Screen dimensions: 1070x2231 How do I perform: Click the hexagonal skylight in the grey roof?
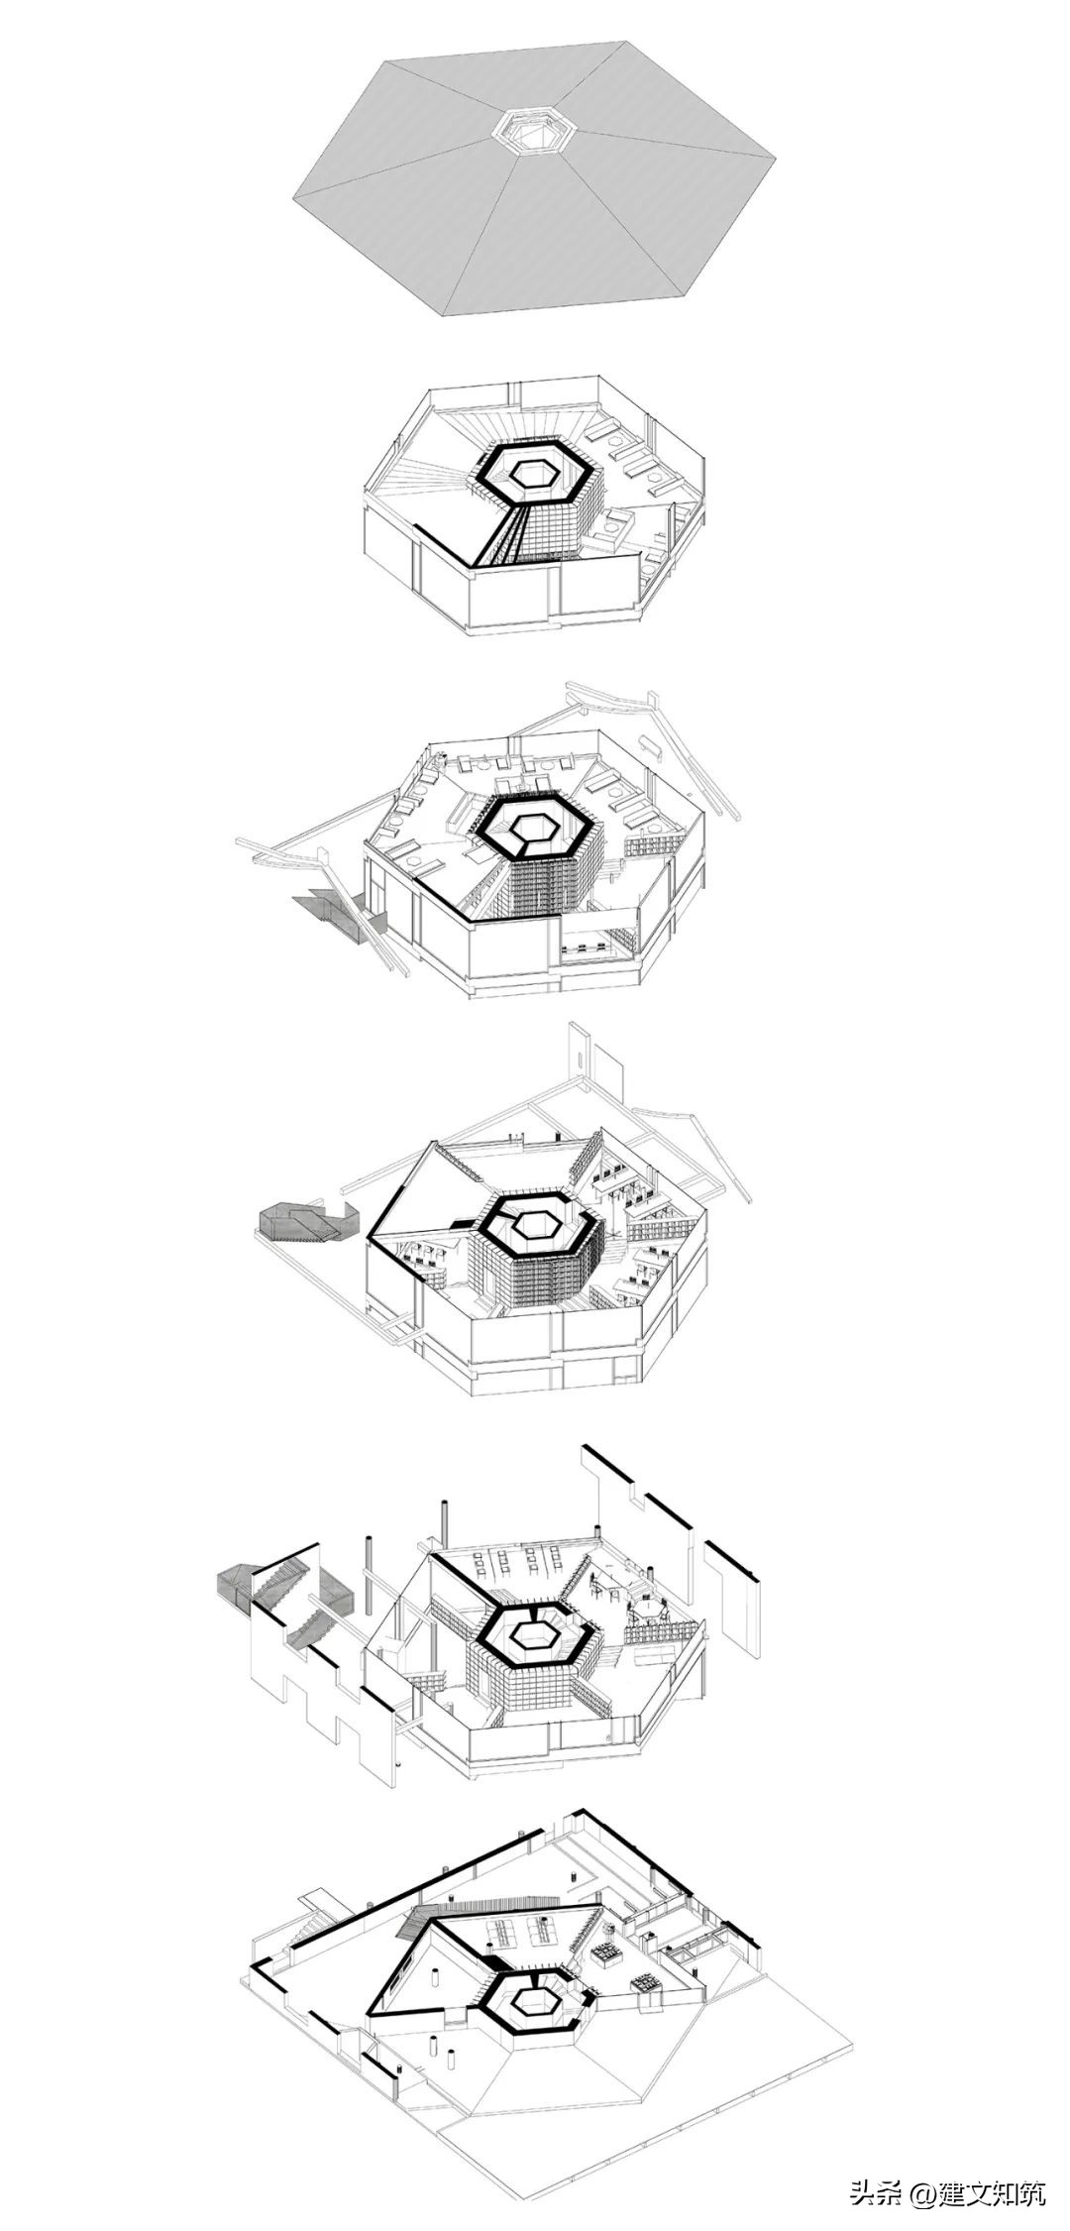click(534, 131)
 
